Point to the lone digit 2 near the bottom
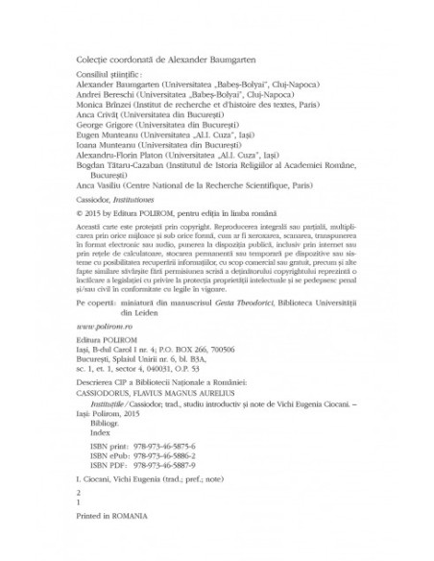[x=78, y=517]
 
